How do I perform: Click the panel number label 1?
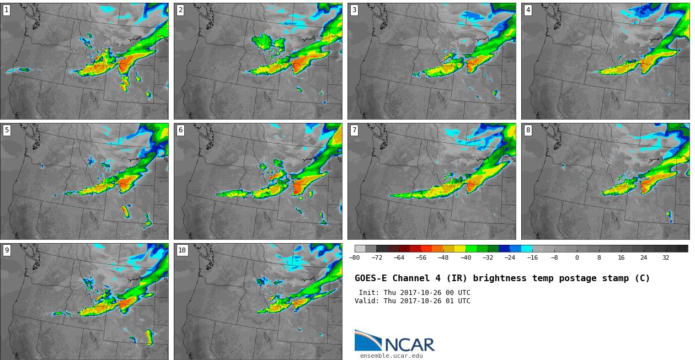tap(6, 10)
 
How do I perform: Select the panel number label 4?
tap(528, 10)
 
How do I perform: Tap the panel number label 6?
tap(180, 130)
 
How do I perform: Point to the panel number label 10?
tap(182, 250)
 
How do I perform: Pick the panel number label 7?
tap(354, 130)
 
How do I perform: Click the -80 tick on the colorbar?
tap(354, 257)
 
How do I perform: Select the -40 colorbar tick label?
tap(466, 257)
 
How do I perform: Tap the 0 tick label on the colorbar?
tap(577, 257)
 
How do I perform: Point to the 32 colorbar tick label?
tap(666, 257)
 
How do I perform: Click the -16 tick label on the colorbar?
tap(532, 257)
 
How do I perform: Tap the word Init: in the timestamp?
tap(369, 293)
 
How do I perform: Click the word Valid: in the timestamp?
tap(367, 301)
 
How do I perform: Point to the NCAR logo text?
tap(410, 345)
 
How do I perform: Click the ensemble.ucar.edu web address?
tap(391, 356)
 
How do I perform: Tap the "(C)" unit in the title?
tap(642, 278)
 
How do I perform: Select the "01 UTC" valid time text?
tap(460, 301)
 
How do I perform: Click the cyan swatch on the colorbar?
tap(527, 249)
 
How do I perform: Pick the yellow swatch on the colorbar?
tap(460, 249)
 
